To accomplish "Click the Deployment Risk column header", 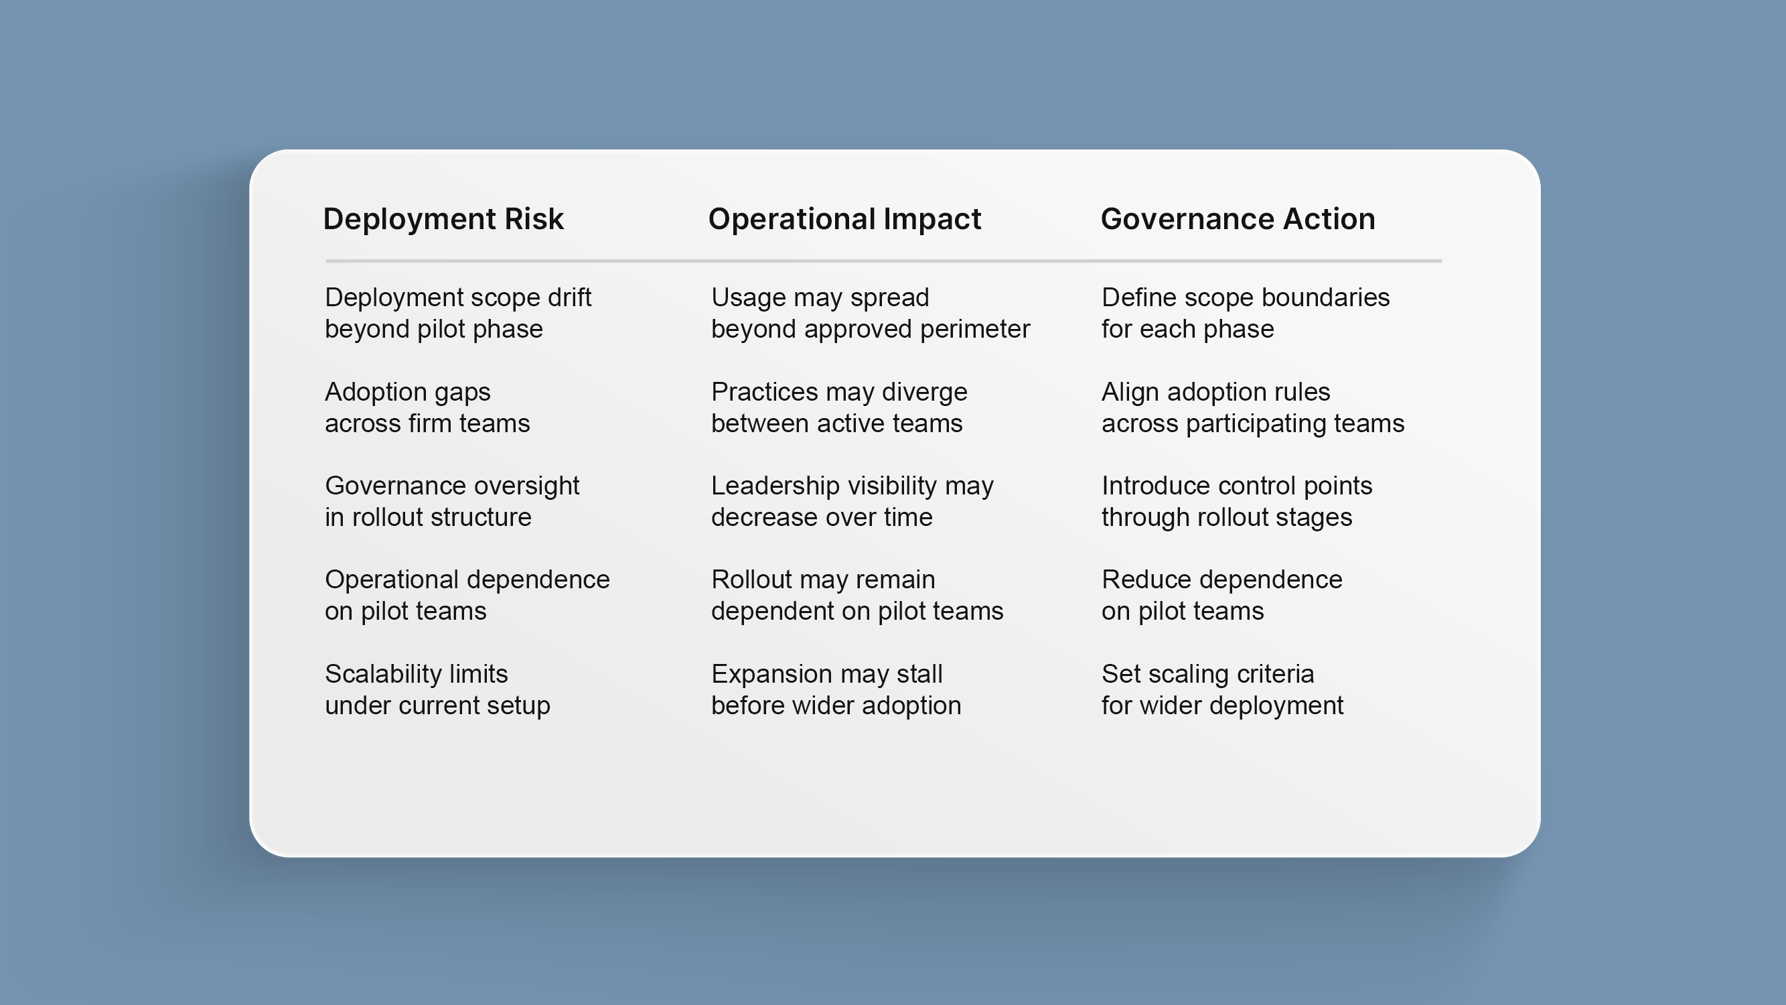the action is tap(443, 219).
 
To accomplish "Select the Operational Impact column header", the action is tap(844, 220).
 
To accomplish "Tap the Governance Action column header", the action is tap(1238, 219).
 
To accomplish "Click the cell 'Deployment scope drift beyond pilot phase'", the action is tap(457, 313).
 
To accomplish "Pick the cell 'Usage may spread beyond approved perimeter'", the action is tap(871, 313).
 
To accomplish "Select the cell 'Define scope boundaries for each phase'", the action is tap(1245, 313).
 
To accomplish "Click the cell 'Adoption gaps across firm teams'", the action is tap(427, 407).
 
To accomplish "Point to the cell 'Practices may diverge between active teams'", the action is tap(839, 407).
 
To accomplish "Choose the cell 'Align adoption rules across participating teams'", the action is tap(1253, 407).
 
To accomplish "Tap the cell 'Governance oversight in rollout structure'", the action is tap(452, 500).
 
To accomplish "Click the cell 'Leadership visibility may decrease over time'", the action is tap(852, 500).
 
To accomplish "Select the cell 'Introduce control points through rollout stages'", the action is tap(1237, 500).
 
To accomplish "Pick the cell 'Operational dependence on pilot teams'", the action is tap(467, 595).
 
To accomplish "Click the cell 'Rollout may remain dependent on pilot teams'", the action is tap(857, 595).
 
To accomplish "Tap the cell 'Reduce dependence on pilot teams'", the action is tap(1221, 595).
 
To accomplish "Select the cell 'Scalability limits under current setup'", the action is tap(437, 689).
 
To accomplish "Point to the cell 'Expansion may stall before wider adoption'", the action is tap(836, 689).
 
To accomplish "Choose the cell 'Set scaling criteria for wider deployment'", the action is tap(1222, 689).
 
